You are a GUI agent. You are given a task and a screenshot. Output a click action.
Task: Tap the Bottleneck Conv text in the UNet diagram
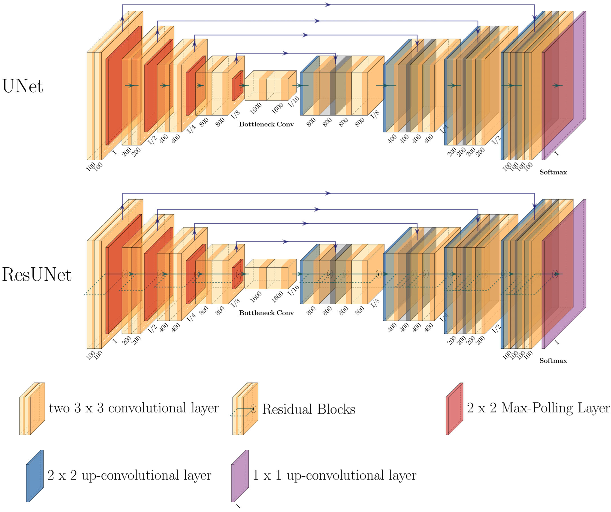[x=266, y=124]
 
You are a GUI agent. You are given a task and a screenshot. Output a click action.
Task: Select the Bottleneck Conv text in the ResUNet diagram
[x=266, y=313]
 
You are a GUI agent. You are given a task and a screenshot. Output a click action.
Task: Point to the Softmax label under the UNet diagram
[x=553, y=172]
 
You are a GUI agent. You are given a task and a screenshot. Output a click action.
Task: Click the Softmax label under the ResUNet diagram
[x=553, y=361]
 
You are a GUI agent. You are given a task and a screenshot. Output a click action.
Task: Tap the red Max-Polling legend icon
[x=454, y=409]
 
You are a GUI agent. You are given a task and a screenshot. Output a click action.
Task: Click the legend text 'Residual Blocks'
[x=308, y=409]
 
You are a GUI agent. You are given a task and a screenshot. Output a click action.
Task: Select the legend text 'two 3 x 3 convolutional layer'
[x=134, y=408]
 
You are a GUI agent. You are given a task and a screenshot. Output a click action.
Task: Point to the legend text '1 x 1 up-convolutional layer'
[x=334, y=475]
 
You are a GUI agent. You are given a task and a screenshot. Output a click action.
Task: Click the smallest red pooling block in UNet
[x=237, y=86]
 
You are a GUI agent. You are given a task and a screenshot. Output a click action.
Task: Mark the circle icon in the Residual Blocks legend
[x=253, y=409]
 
